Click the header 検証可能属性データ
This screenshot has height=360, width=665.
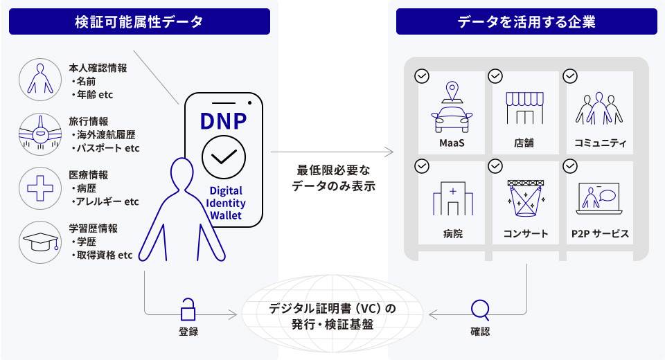pos(139,21)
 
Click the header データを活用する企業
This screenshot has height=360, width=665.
pos(526,21)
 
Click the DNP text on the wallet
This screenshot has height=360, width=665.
pos(223,120)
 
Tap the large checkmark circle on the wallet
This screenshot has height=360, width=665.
pos(223,158)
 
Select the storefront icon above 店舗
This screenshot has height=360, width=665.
pos(524,109)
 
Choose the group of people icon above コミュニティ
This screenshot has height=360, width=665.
pos(599,109)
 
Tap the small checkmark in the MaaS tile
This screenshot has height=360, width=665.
pos(421,75)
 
